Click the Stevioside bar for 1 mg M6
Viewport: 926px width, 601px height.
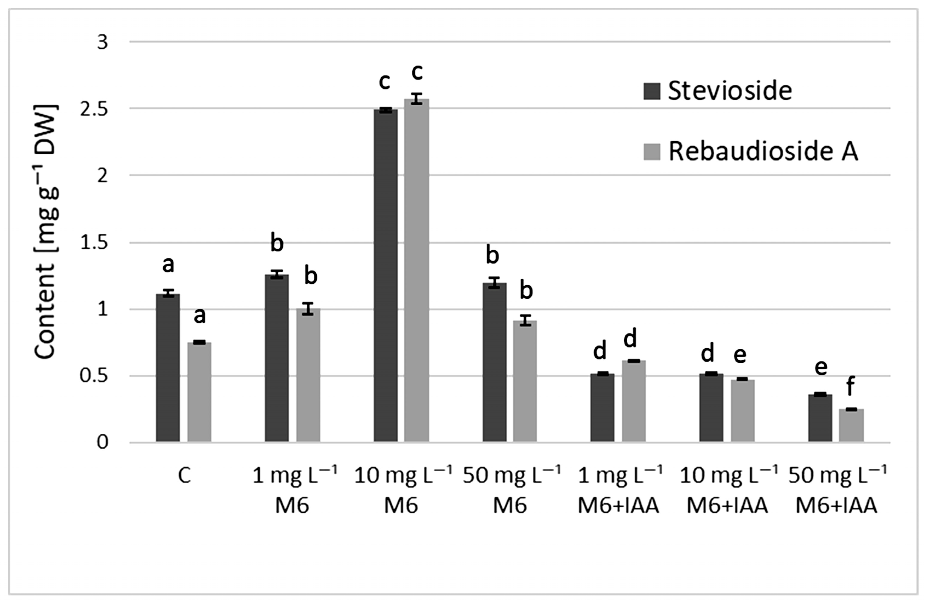[x=277, y=358]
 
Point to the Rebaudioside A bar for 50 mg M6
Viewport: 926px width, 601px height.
[x=524, y=381]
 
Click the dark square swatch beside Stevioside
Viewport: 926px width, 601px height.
[x=651, y=91]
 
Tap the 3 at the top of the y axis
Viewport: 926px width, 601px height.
[x=102, y=42]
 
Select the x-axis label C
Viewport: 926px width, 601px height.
[x=184, y=475]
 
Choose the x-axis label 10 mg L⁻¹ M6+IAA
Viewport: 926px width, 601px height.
[x=727, y=490]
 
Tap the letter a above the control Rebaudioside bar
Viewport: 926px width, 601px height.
[x=199, y=315]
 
